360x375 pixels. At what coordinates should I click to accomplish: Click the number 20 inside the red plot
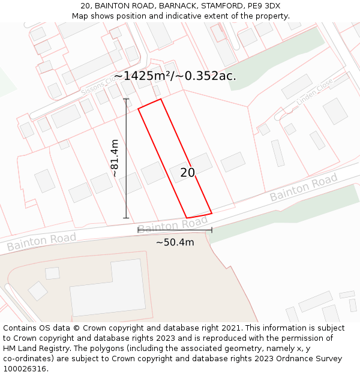click(188, 173)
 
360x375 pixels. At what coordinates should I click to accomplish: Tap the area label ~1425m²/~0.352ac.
click(175, 76)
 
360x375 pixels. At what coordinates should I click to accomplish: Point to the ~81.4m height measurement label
click(115, 158)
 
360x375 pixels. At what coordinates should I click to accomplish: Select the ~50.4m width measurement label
click(175, 242)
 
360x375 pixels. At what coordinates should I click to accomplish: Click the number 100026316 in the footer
click(24, 368)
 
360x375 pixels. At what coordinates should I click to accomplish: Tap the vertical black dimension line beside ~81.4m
click(126, 158)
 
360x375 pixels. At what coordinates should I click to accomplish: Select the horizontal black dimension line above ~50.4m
click(175, 230)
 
